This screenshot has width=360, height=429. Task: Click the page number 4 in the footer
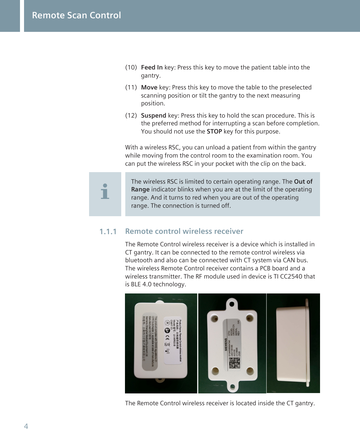click(26, 426)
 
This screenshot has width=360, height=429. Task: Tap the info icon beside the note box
click(105, 191)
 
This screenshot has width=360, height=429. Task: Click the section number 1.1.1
click(108, 232)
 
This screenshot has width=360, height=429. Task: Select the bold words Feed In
click(152, 67)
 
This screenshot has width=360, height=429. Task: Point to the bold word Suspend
click(153, 115)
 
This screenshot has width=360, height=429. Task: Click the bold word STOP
click(214, 131)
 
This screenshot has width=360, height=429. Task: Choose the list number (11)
click(131, 87)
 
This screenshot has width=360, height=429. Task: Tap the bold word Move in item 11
click(149, 87)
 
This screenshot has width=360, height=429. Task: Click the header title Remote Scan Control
click(76, 15)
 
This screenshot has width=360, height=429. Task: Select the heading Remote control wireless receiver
click(184, 231)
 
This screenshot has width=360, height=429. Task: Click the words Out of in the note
click(303, 181)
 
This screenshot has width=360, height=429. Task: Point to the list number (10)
click(131, 67)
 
